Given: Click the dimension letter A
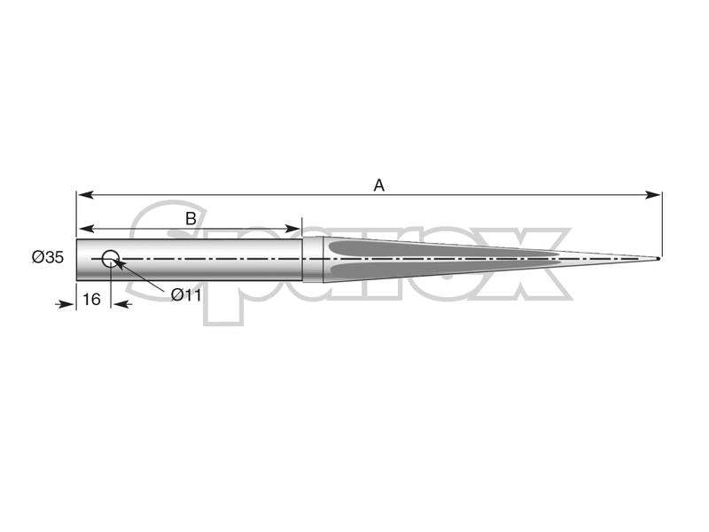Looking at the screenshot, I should coord(378,185).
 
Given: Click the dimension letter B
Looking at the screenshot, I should coord(191,218).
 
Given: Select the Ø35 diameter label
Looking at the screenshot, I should coord(48,257).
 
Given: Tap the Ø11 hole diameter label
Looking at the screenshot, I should coord(186,294).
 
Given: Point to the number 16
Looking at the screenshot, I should coord(91,300).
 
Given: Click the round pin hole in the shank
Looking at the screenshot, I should coord(111,259).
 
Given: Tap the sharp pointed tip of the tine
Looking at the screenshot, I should coord(658,259).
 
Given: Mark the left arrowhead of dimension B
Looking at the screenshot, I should coord(83,229).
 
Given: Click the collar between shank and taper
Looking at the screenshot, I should coord(313,259).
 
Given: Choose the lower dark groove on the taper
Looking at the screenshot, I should coord(425,267).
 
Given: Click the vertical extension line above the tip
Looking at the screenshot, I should coord(661,222).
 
